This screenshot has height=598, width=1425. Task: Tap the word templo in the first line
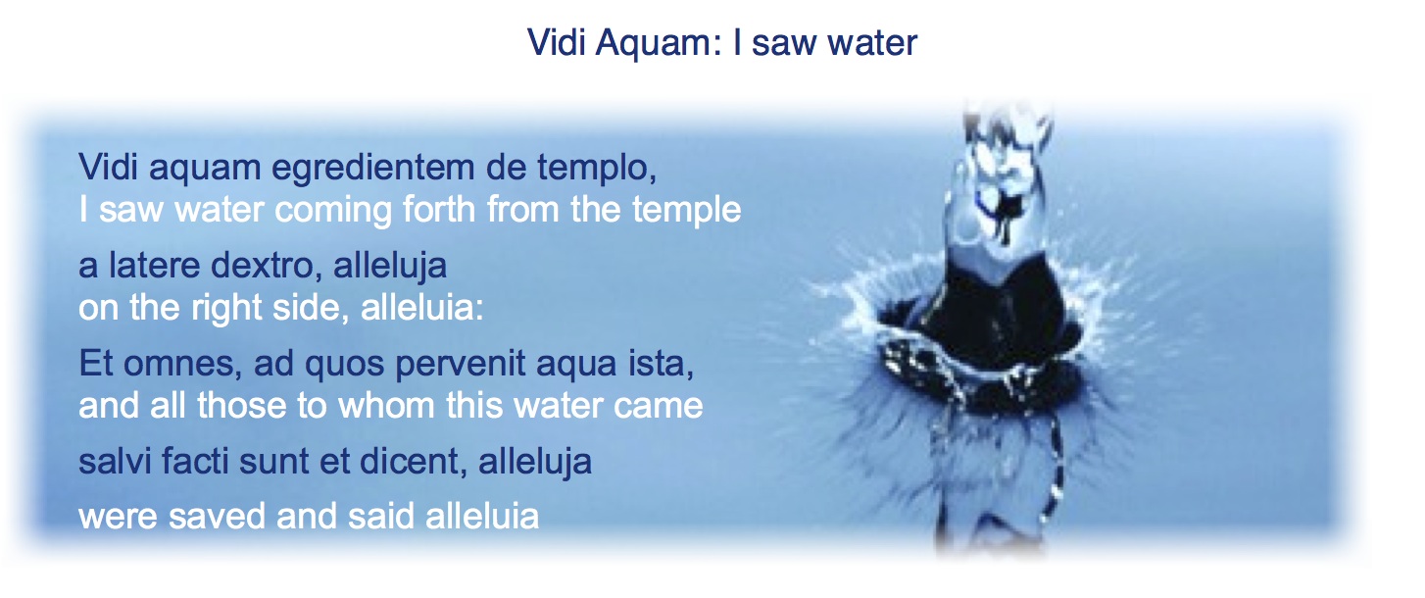596,169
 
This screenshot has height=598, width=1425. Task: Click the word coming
332,211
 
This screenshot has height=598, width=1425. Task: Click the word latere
155,265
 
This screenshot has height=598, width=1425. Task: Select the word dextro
267,266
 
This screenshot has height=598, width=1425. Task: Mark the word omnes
182,365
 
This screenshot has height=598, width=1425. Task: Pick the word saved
217,516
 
